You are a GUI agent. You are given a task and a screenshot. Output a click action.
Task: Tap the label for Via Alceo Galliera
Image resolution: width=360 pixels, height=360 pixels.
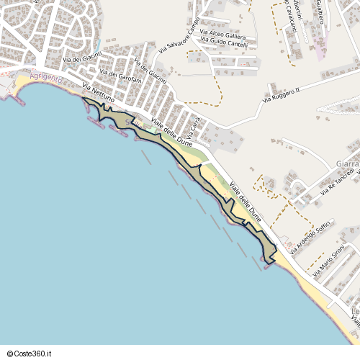pyautogui.click(x=224, y=35)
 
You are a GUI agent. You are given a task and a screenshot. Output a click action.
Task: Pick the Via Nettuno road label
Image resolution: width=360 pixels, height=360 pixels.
pyautogui.click(x=98, y=94)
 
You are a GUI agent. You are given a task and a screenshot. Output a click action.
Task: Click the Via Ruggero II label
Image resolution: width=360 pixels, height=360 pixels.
pyautogui.click(x=281, y=94)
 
